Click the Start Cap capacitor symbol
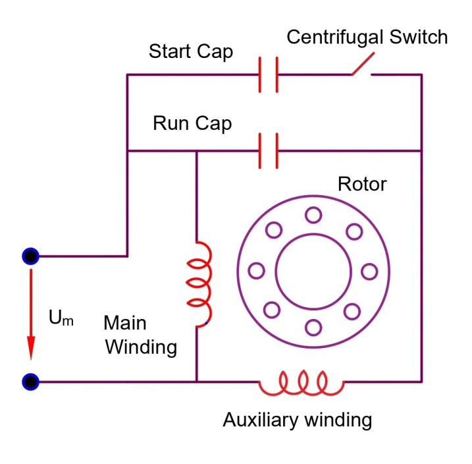tap(268, 74)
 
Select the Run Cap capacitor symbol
tap(268, 151)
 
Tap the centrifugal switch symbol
tap(362, 66)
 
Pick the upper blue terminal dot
tap(30, 256)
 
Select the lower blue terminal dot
tap(30, 381)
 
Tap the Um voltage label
tap(61, 318)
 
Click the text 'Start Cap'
tap(191, 51)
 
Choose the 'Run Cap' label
tap(192, 123)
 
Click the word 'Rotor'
tap(362, 183)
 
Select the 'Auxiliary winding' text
tap(298, 419)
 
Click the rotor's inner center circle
tap(313, 271)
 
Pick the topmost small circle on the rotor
tap(313, 214)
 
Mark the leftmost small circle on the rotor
tap(256, 271)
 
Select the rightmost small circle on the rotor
tap(369, 271)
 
